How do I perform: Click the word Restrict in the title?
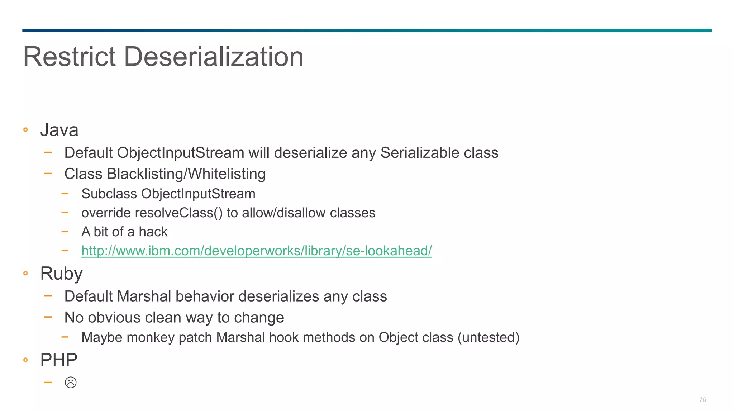pyautogui.click(x=70, y=57)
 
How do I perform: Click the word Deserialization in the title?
pyautogui.click(x=214, y=57)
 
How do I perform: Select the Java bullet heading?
pyautogui.click(x=59, y=130)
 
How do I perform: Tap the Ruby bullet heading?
pyautogui.click(x=61, y=274)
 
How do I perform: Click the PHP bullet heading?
pyautogui.click(x=59, y=360)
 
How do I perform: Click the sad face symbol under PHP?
pyautogui.click(x=71, y=383)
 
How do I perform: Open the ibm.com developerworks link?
pyautogui.click(x=256, y=251)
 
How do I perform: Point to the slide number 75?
pyautogui.click(x=702, y=400)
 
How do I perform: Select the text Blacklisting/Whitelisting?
pyautogui.click(x=186, y=174)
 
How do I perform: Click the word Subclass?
pyautogui.click(x=109, y=194)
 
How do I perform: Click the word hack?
pyautogui.click(x=153, y=232)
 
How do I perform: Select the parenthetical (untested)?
pyautogui.click(x=488, y=337)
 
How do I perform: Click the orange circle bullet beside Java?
pyautogui.click(x=25, y=130)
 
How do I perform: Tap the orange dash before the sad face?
pyautogui.click(x=48, y=383)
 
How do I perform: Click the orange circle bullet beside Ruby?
pyautogui.click(x=25, y=274)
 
